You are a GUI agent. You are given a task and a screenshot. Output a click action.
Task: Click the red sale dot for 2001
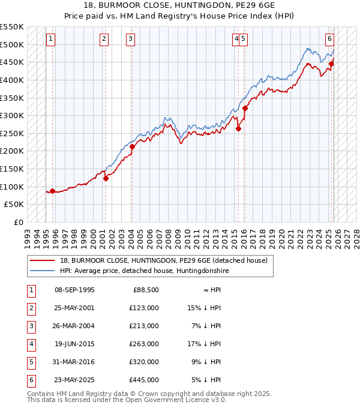pos(106,178)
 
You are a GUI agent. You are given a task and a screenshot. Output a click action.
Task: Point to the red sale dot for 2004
pos(132,146)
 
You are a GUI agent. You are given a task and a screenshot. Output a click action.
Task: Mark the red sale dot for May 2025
pos(331,64)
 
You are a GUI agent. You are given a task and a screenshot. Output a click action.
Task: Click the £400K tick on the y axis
pos(12,80)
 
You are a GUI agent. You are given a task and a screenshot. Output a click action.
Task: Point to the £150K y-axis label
pos(12,169)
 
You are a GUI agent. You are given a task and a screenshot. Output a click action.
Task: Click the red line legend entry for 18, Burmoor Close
pos(167,260)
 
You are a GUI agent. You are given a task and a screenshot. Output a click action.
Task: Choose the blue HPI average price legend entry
pos(144,271)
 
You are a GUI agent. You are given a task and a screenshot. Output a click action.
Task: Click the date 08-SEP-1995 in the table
pos(74,290)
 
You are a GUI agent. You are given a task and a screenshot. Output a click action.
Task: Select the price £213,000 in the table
pos(145,326)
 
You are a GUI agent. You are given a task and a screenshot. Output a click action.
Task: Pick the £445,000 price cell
pos(145,380)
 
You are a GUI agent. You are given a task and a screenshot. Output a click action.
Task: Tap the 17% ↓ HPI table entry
pos(204,344)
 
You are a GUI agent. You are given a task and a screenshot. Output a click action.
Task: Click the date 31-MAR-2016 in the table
pos(74,362)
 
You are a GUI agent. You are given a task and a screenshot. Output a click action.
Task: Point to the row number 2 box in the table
pos(31,308)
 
